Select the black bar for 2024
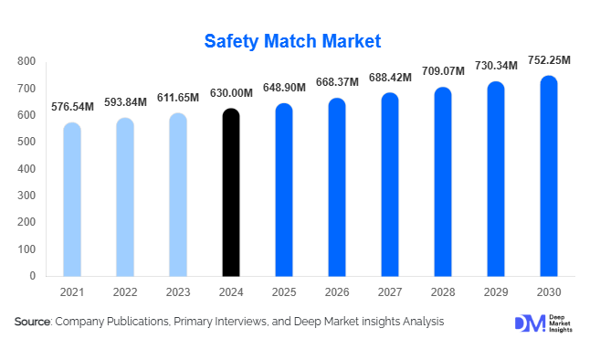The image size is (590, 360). [x=231, y=193]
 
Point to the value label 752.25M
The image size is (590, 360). [x=549, y=60]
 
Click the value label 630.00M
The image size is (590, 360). [x=231, y=92]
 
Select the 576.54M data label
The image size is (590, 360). [x=72, y=107]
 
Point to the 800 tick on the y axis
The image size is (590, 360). [x=26, y=61]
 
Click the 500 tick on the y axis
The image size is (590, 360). [x=26, y=142]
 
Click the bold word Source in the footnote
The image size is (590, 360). [x=32, y=323]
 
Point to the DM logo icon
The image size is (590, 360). [x=529, y=323]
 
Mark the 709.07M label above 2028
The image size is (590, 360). [x=443, y=71]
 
